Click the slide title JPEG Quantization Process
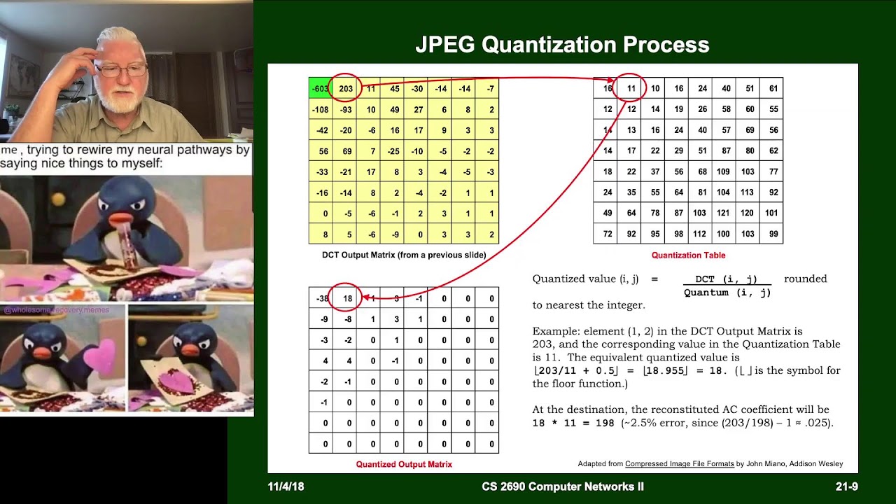[562, 45]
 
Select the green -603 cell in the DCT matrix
[321, 89]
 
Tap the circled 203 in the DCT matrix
[346, 89]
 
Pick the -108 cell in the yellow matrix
[321, 110]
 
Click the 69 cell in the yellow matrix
[346, 151]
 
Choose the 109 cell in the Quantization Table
[723, 171]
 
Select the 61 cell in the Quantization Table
[773, 89]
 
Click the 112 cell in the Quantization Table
[699, 234]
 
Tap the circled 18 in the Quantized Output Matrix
[347, 299]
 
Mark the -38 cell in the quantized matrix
[321, 299]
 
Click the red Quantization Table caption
[688, 255]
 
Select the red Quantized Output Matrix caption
[404, 464]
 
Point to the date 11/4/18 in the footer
[286, 486]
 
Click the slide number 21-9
[846, 486]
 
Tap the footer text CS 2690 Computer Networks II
[563, 486]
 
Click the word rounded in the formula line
[805, 279]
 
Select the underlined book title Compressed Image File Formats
[679, 463]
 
